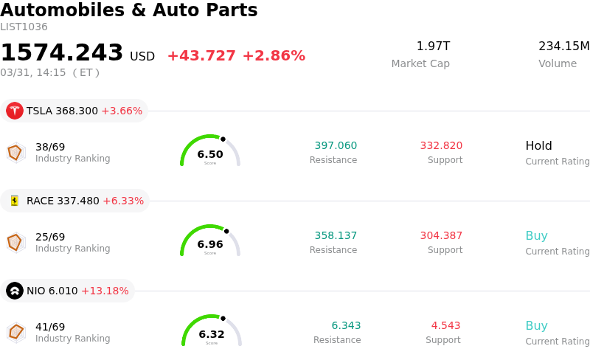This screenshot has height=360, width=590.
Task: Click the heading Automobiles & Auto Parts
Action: (129, 10)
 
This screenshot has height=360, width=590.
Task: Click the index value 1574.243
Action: (62, 53)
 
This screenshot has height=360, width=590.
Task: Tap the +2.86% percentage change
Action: (274, 56)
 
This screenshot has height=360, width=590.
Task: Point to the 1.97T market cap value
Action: (433, 46)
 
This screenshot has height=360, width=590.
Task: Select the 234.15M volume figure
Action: (563, 46)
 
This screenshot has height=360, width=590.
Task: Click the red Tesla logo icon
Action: (15, 111)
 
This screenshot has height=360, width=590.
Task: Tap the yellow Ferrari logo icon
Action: (15, 201)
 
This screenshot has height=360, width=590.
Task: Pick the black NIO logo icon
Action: (15, 291)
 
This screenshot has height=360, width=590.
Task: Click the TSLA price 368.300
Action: (77, 111)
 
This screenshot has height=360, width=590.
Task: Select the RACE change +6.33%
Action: (123, 201)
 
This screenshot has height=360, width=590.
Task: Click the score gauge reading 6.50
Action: (210, 151)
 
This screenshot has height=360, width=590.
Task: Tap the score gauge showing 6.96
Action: (210, 241)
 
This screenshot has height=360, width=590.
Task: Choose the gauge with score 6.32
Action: (212, 331)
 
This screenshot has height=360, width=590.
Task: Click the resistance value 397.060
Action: (336, 145)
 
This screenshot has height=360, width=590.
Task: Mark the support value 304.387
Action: (441, 235)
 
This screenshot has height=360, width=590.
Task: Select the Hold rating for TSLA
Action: (538, 145)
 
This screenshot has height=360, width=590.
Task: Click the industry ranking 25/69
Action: (50, 237)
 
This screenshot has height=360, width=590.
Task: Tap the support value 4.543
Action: (445, 325)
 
